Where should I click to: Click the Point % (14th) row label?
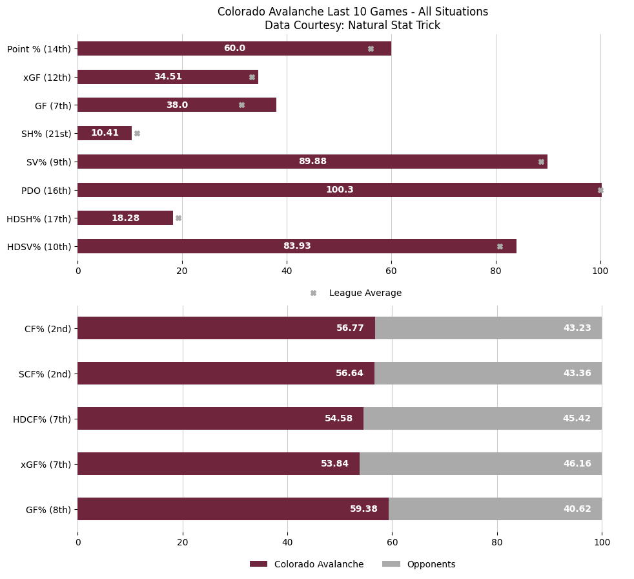pyautogui.click(x=39, y=49)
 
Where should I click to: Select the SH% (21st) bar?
pyautogui.click(x=105, y=133)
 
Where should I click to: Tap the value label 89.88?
pyautogui.click(x=312, y=162)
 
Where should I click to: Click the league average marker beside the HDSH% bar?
pyautogui.click(x=178, y=218)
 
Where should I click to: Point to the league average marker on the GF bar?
pyautogui.click(x=241, y=105)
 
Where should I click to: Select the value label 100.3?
pyautogui.click(x=340, y=190)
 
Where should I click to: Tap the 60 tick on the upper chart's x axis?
pyautogui.click(x=391, y=271)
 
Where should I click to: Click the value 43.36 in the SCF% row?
pyautogui.click(x=577, y=374)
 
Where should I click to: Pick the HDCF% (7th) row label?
pyautogui.click(x=42, y=419)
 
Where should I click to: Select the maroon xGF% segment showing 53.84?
pyautogui.click(x=218, y=464)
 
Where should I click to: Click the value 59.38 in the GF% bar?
pyautogui.click(x=363, y=509)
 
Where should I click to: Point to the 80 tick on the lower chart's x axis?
pyautogui.click(x=497, y=543)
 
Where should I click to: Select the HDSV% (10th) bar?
pyautogui.click(x=297, y=246)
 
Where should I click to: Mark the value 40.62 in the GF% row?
pyautogui.click(x=577, y=509)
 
